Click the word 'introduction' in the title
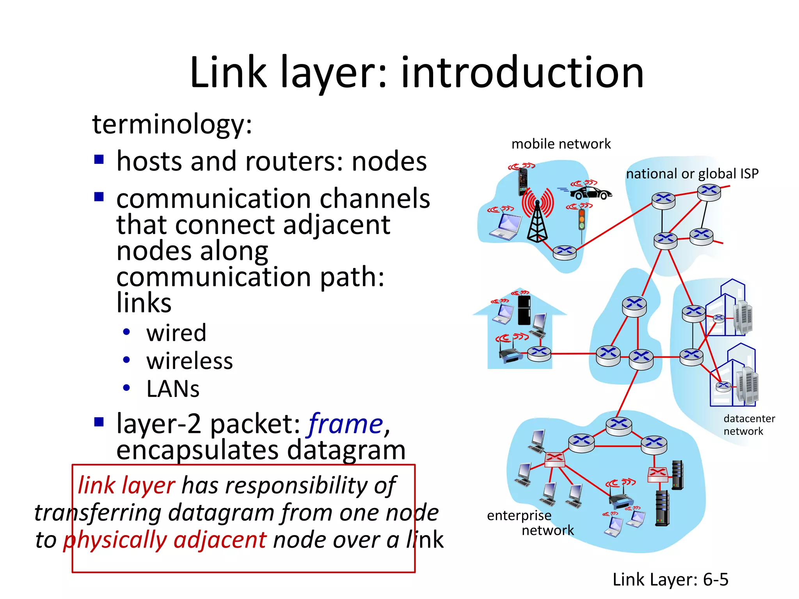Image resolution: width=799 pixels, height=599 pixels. pyautogui.click(x=522, y=72)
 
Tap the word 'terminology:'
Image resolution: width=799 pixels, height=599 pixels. pyautogui.click(x=172, y=124)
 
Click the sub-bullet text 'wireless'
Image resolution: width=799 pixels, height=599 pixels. pyautogui.click(x=190, y=361)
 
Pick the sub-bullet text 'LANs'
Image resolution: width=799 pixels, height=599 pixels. pyautogui.click(x=173, y=389)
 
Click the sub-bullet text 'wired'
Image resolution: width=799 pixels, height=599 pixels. pyautogui.click(x=176, y=333)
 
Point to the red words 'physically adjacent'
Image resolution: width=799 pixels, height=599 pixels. pyautogui.click(x=165, y=540)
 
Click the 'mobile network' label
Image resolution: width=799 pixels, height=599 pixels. pyautogui.click(x=561, y=144)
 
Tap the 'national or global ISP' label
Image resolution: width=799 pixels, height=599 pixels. pyautogui.click(x=692, y=174)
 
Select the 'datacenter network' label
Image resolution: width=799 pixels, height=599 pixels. pyautogui.click(x=748, y=425)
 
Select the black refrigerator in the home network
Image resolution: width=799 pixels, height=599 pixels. pyautogui.click(x=524, y=310)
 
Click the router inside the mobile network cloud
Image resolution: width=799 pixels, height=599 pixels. pyautogui.click(x=565, y=252)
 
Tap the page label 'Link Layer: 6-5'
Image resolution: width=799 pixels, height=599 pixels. pyautogui.click(x=670, y=580)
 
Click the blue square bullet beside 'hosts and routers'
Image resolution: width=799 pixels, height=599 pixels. pyautogui.click(x=99, y=159)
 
